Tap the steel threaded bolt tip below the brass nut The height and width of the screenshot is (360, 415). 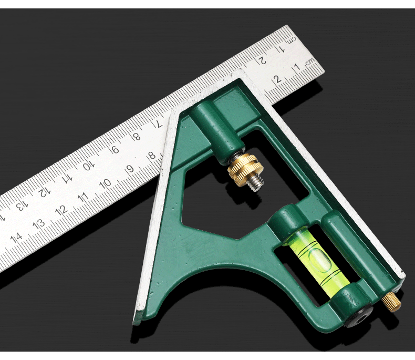[x=257, y=183]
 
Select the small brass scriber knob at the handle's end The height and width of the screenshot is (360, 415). [x=391, y=302]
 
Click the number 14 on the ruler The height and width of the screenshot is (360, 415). [x=16, y=238]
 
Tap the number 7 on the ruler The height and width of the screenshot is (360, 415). [x=159, y=124]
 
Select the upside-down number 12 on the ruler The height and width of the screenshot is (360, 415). [x=44, y=192]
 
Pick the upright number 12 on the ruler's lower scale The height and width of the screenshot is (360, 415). [x=61, y=211]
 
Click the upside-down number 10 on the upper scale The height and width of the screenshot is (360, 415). [x=88, y=166]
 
